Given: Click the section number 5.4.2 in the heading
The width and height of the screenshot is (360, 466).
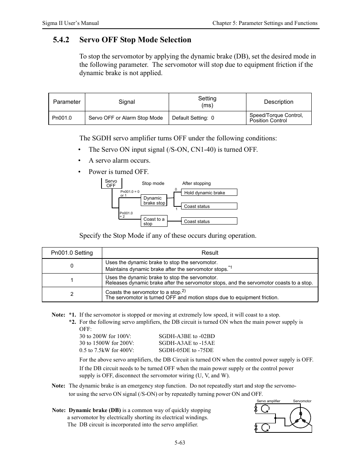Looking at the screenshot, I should (x=61, y=40).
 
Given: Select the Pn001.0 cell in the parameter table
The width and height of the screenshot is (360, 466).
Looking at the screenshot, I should (x=62, y=118).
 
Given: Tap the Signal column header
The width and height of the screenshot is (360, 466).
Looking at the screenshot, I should (x=127, y=102).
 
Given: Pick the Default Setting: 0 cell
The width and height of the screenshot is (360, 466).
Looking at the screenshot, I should (x=193, y=118).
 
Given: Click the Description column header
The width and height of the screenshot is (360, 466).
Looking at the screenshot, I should (x=278, y=102).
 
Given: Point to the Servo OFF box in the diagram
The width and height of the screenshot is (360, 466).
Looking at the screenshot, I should (x=111, y=183).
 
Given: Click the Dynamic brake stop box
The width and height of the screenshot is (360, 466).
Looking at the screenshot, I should (x=154, y=200).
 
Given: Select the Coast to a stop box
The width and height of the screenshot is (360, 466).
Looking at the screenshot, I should (x=154, y=221).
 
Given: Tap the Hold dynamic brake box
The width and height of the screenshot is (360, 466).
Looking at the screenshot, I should (x=210, y=192).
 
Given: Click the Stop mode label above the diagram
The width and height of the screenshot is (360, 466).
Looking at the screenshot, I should (x=153, y=183).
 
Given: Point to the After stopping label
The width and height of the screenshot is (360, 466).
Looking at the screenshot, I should (x=196, y=183).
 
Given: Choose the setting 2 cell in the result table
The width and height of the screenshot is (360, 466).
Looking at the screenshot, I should (x=72, y=294).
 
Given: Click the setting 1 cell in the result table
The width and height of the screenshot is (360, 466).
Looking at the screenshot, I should (x=72, y=280).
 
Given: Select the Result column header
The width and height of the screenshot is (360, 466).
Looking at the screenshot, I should (x=210, y=253).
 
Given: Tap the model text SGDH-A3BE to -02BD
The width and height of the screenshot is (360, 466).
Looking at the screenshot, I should (x=187, y=336).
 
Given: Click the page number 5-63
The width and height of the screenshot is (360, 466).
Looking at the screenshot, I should (x=180, y=443).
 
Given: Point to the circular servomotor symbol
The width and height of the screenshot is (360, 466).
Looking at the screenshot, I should (x=300, y=418).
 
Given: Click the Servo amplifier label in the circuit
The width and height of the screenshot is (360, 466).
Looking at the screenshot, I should (x=268, y=401).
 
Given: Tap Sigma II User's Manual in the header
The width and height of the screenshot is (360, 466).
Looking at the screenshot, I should (x=71, y=23).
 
